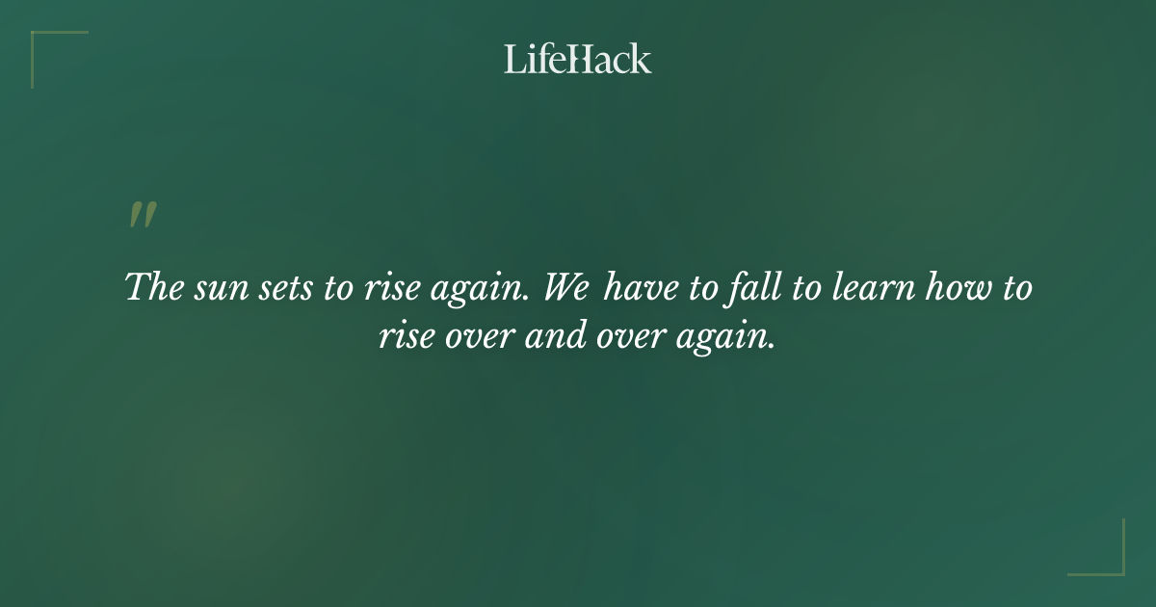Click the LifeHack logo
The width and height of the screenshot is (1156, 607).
pos(578,59)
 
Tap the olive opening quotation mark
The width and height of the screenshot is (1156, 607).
pos(143,216)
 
